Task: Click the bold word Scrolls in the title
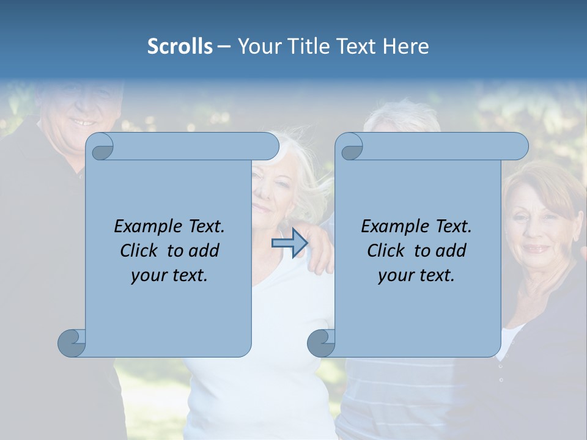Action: [x=180, y=46]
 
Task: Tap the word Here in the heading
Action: [x=406, y=46]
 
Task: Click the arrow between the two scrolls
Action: [x=289, y=243]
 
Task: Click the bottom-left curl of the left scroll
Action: [x=72, y=343]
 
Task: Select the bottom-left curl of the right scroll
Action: [x=321, y=343]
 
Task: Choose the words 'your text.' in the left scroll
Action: [x=169, y=275]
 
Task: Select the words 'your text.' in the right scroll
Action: [x=416, y=275]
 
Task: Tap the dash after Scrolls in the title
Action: [x=224, y=46]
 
